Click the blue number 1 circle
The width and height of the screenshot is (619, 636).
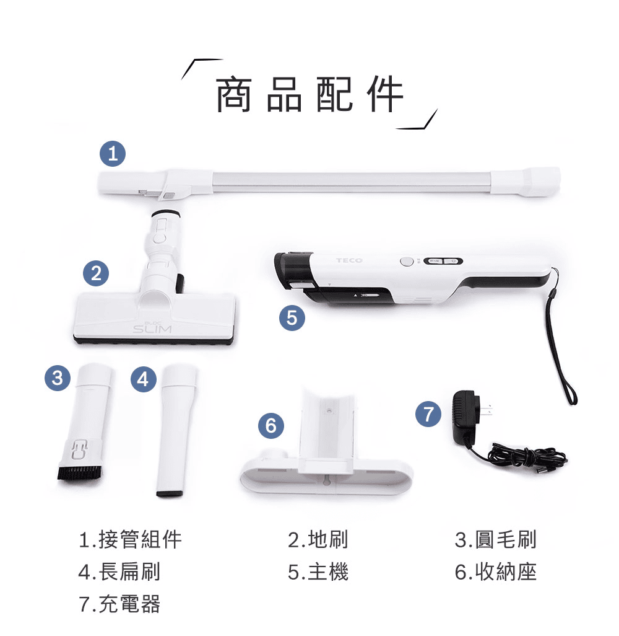click(x=112, y=153)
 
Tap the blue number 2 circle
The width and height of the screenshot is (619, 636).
click(x=95, y=273)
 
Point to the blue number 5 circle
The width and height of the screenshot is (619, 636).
click(x=292, y=318)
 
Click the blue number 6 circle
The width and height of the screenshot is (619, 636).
click(x=270, y=425)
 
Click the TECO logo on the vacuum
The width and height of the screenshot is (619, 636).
click(x=349, y=261)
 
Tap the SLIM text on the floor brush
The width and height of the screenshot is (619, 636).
click(x=152, y=327)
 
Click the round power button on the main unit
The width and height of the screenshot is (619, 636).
click(x=406, y=262)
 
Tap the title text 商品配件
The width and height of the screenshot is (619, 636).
click(x=309, y=95)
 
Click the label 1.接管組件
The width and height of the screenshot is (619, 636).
click(x=131, y=539)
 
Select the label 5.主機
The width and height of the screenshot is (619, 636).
click(x=318, y=572)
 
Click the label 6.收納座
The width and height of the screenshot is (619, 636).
click(x=495, y=572)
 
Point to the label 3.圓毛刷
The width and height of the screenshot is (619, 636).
click(x=495, y=539)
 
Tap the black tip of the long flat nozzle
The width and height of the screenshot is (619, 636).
click(x=170, y=493)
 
